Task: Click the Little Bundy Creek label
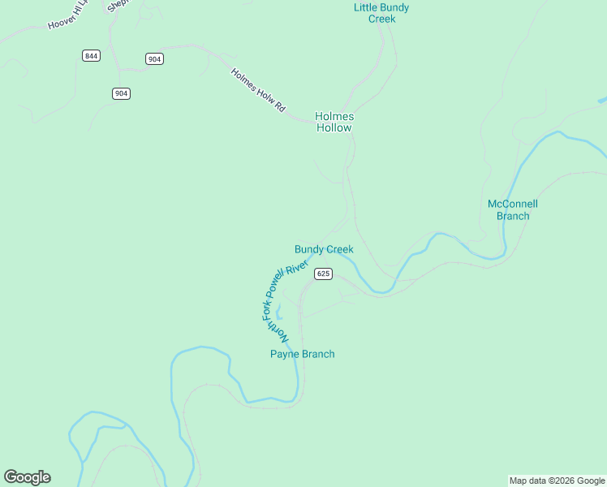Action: [x=381, y=13]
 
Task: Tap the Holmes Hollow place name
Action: [x=334, y=122]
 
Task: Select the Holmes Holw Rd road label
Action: [x=258, y=89]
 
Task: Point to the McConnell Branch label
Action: [x=512, y=209]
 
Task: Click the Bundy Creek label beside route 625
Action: [x=324, y=249]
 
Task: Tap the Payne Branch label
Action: [x=302, y=354]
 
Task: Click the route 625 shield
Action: [x=324, y=274]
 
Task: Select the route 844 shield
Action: [x=91, y=55]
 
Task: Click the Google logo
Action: [x=27, y=477]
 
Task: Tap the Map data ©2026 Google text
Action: [x=557, y=481]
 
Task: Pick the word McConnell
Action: [x=512, y=204]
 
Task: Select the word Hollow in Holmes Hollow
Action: [x=334, y=127]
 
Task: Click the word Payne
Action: [x=285, y=354]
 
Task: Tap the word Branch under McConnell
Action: [x=512, y=216]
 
